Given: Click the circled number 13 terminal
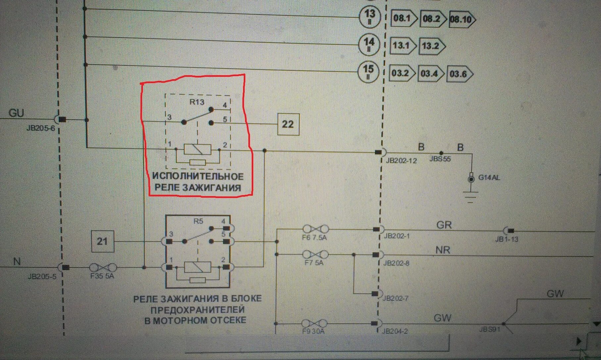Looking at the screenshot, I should tap(370, 16).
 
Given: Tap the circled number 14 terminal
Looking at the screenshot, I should tap(369, 44).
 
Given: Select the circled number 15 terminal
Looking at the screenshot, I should tap(369, 72).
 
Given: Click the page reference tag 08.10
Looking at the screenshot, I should tap(461, 19).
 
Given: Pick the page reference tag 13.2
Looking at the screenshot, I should tap(431, 46).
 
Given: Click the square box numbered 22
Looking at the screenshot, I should tap(288, 124).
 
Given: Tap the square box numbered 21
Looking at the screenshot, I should tap(102, 241).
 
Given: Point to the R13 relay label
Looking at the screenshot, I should tap(197, 102).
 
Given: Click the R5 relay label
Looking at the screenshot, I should tap(198, 221).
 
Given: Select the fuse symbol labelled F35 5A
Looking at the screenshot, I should tap(103, 267).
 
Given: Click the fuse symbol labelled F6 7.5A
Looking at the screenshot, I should tap(316, 229).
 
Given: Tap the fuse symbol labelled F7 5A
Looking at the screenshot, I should tap(316, 255).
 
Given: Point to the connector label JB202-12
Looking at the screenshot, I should tap(401, 161).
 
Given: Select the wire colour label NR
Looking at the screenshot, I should tap(443, 250).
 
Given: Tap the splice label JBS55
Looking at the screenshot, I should tap(440, 159).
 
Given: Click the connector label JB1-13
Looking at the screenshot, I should tap(507, 239).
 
